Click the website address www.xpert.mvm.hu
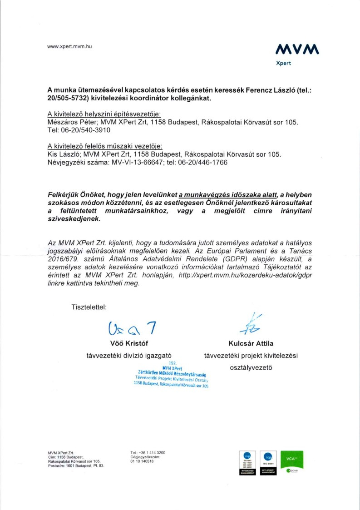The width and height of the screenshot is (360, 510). tap(69, 47)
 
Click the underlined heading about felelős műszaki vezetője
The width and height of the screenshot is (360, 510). tap(105, 147)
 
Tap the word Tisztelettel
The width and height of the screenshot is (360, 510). tap(89, 307)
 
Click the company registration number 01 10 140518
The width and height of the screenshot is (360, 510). tap(142, 461)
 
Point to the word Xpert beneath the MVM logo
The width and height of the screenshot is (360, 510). tap(284, 64)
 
